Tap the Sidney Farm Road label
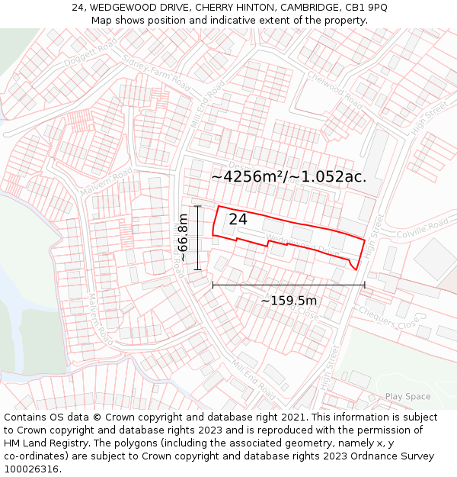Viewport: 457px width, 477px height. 156,71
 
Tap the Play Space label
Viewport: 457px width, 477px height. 407,396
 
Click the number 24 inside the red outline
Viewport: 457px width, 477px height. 238,219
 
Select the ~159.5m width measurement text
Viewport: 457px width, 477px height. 289,300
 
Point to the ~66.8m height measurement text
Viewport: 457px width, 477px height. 183,237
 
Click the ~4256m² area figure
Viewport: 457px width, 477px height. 248,176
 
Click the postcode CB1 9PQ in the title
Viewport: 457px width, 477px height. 366,8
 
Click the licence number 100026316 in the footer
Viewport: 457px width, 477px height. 31,469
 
